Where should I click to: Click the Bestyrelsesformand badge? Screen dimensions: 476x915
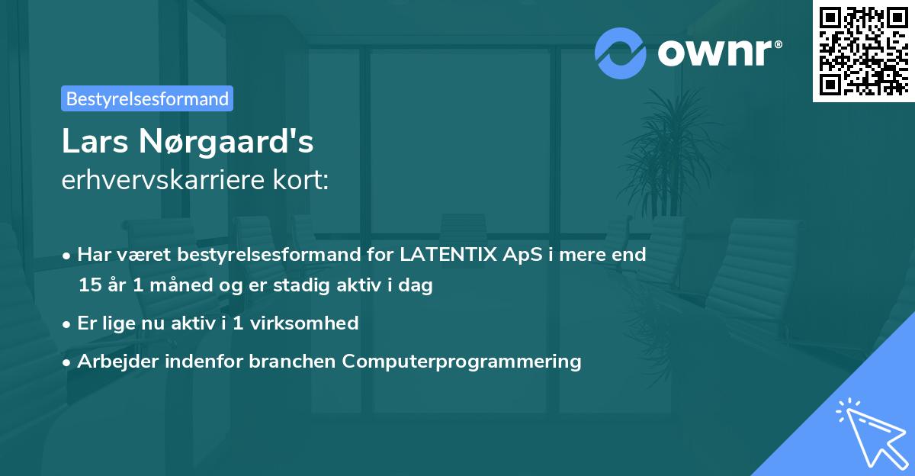coord(147,98)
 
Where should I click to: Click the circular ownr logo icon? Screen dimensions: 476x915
coord(620,53)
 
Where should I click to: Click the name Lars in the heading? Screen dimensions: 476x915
coord(93,142)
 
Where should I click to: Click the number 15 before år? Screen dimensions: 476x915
coord(88,286)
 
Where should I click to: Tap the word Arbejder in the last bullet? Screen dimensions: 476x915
coord(113,361)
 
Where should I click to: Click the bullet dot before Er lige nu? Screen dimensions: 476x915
coord(68,323)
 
